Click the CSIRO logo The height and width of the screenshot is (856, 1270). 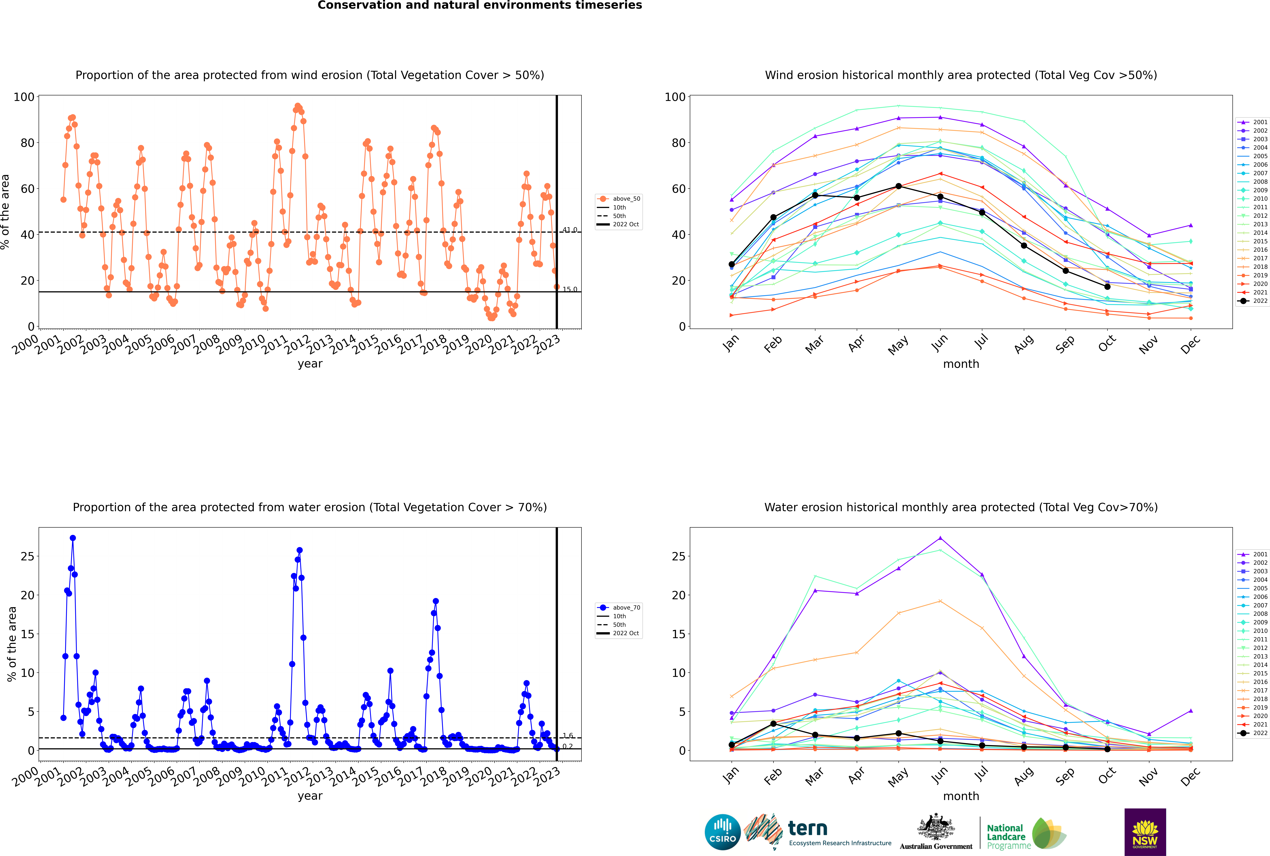(722, 832)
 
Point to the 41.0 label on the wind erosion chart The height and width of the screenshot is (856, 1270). (569, 230)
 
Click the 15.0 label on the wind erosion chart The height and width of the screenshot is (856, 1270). (569, 289)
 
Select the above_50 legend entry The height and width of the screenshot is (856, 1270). (619, 199)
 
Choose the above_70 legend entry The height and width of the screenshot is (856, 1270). (619, 608)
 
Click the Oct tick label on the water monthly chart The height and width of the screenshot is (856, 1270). (1107, 775)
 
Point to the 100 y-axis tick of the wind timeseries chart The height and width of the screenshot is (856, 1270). (24, 97)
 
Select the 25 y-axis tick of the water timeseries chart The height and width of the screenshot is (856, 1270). (27, 556)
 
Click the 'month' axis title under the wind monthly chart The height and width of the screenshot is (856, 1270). (961, 364)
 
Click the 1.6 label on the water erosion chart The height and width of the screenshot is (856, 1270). (568, 735)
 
